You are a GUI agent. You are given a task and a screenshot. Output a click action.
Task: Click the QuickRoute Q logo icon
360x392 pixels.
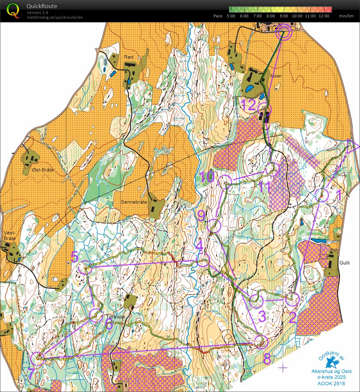point(13,10)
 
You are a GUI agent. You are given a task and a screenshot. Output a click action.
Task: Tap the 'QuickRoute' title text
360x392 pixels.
point(42,6)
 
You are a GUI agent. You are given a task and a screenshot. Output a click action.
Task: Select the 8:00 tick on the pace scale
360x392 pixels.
point(270,16)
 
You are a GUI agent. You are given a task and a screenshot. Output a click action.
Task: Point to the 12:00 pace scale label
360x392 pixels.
point(324,16)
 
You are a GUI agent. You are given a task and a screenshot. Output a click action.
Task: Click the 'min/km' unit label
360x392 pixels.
point(346,16)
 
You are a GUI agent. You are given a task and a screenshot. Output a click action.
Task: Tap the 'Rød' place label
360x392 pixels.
point(129,57)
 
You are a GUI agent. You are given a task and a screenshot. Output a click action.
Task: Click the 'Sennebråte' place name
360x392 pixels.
point(134,202)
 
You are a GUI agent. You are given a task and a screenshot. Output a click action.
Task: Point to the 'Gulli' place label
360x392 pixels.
point(344,263)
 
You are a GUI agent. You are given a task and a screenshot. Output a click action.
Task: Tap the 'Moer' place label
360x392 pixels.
point(276,76)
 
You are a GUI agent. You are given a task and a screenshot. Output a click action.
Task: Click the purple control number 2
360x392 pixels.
point(293,317)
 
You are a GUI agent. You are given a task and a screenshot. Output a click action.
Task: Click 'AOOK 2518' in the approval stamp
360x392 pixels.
point(331,384)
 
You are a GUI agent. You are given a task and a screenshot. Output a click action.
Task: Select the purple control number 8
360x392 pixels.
point(267,359)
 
